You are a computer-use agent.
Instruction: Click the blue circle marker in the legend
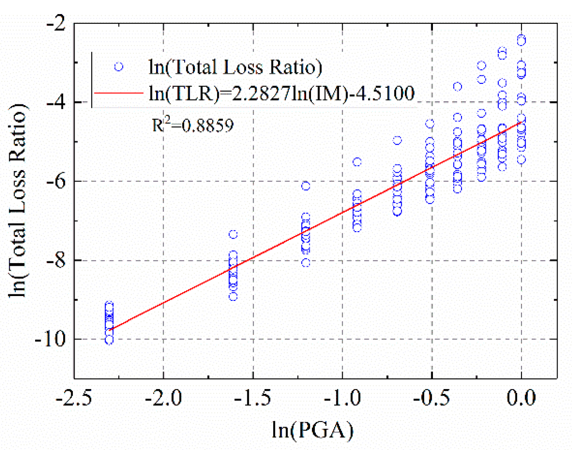click(118, 67)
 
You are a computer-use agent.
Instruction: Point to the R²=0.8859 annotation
click(193, 126)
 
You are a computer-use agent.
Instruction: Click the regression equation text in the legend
click(281, 93)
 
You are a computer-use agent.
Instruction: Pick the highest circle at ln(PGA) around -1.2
click(306, 186)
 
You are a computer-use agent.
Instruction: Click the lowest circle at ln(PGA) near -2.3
click(109, 340)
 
